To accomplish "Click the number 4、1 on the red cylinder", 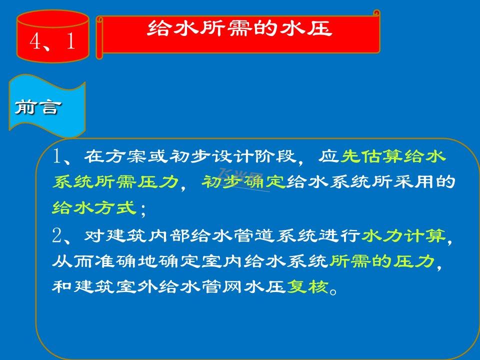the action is point(52,41).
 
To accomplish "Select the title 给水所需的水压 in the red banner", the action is point(239,28).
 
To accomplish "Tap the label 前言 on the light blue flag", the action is point(38,107).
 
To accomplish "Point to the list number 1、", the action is point(62,156).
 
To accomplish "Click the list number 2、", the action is point(62,235).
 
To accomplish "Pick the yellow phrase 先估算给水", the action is point(393,156).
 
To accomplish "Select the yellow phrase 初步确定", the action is point(243,182).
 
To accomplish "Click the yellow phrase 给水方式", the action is point(94,208).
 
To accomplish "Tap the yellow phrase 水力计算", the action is point(403,235).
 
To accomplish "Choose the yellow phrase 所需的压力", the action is point(382,261).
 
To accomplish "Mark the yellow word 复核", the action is point(307,286).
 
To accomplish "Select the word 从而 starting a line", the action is point(73,261).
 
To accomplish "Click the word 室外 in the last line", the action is point(136,286).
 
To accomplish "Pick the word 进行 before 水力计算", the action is point(339,235).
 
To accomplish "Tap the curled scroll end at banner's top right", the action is point(376,13).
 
